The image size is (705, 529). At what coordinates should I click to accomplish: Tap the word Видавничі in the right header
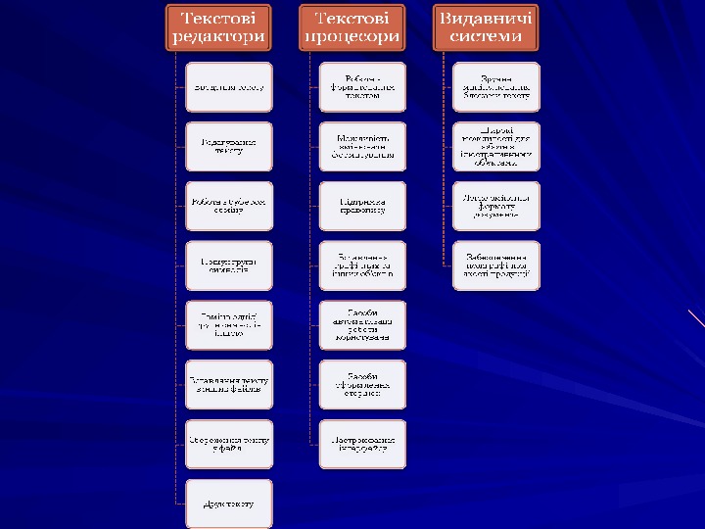point(486,18)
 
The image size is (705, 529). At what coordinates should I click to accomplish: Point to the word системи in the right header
point(486,37)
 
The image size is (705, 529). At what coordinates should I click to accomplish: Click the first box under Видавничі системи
point(496,87)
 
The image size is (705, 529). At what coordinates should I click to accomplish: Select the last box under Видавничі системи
point(496,265)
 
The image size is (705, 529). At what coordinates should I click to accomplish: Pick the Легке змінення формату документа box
point(496,206)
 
